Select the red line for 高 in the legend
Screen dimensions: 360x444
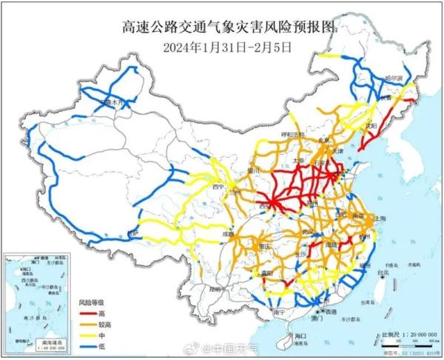click(x=89, y=313)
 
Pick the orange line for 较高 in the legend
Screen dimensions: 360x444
click(x=89, y=324)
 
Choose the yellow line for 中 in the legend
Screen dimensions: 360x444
click(x=89, y=334)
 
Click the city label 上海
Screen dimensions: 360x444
click(x=383, y=219)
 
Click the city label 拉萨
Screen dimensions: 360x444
click(x=132, y=233)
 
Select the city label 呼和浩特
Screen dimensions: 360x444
click(x=274, y=136)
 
